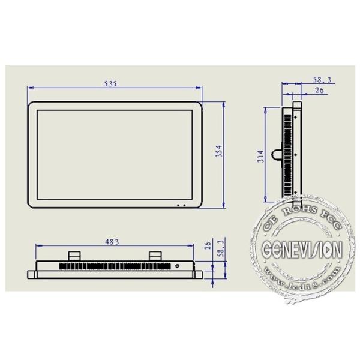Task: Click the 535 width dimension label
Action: [110, 83]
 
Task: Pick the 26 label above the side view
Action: [319, 91]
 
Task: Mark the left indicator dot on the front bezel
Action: [178, 205]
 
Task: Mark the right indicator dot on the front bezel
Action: [185, 205]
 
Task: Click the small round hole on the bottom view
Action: [177, 265]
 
